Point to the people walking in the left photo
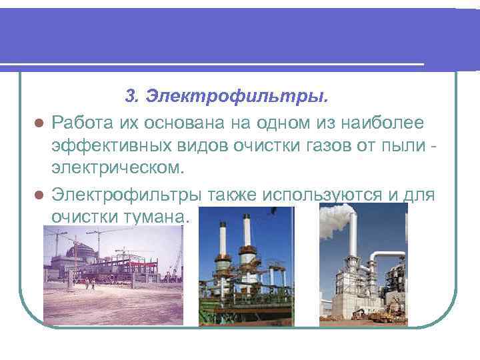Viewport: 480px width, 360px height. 90,284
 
